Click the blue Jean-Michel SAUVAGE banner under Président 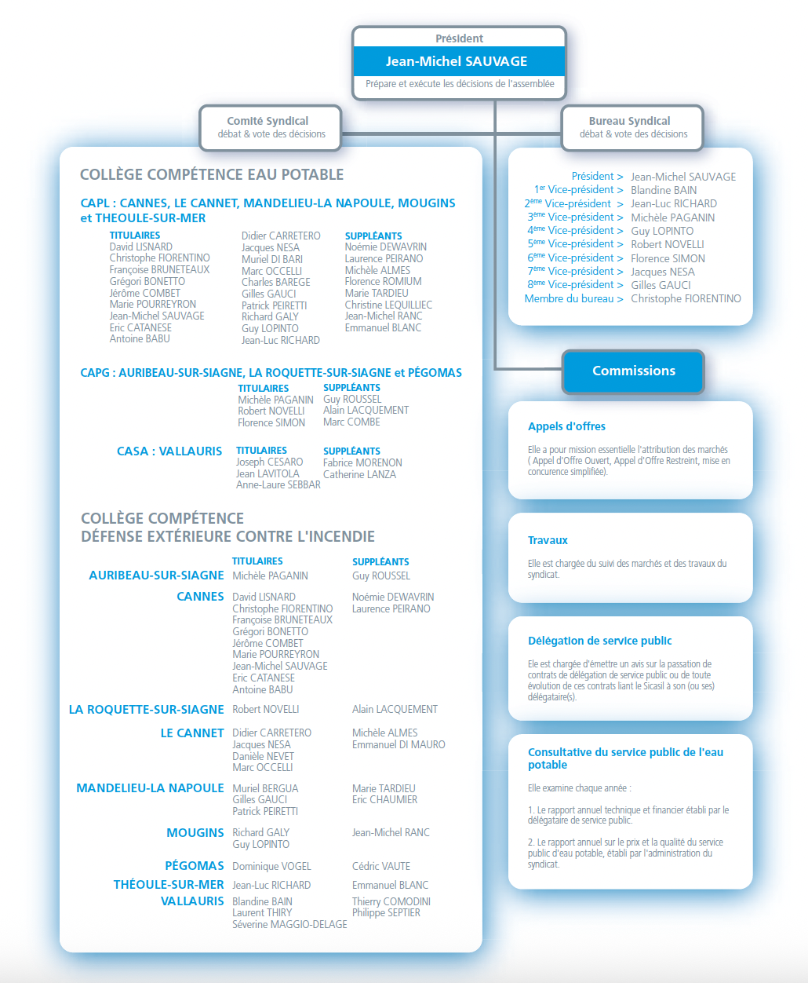tap(458, 61)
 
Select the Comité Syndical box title tap(268, 121)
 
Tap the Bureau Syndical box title tap(629, 121)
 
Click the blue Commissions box tap(633, 371)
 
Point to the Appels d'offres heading tap(566, 426)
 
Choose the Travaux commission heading tap(548, 540)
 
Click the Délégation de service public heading tap(599, 641)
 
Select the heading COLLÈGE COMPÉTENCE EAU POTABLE tap(212, 174)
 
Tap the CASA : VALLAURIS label tap(169, 451)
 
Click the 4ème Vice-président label tap(575, 231)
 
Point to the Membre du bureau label tap(573, 298)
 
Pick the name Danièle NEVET tap(263, 756)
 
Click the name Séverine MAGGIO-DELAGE tap(289, 924)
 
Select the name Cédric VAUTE tap(381, 866)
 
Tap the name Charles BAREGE tap(275, 282)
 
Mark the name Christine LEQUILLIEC tap(388, 305)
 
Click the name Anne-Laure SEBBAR tap(278, 485)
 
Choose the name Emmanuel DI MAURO tap(399, 744)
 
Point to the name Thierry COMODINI tap(391, 901)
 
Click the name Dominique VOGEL tap(271, 866)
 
